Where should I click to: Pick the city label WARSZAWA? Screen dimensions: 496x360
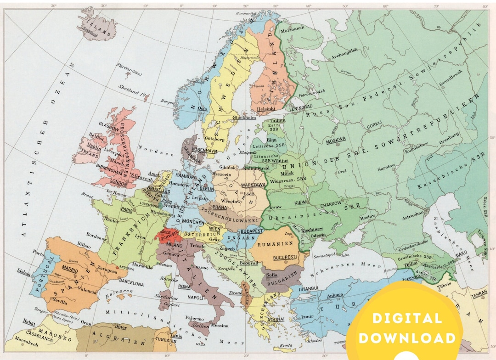point(254,185)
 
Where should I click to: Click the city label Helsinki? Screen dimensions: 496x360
point(266,109)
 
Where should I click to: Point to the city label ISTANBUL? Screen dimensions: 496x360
point(309,288)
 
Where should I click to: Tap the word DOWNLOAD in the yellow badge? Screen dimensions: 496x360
point(407,338)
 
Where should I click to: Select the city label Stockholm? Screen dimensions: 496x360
point(243,118)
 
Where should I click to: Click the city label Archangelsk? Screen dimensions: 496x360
point(340,50)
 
